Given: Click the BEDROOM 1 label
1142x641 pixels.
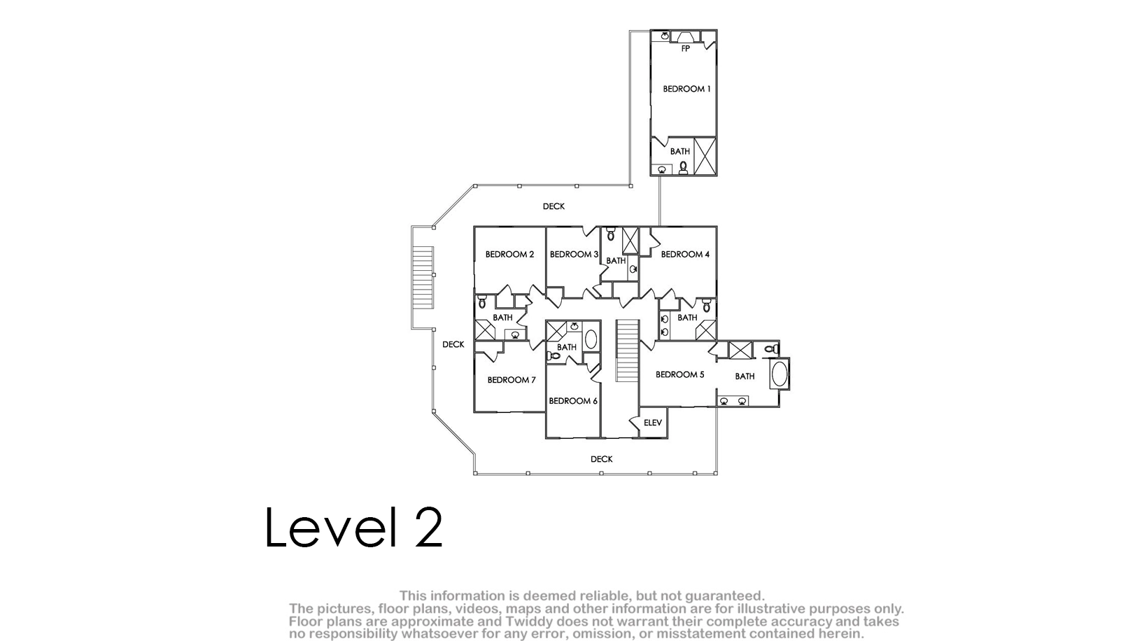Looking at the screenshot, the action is coord(686,89).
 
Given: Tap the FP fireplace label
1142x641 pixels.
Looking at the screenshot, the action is coord(686,48).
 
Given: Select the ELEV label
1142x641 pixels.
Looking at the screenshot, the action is coord(653,423).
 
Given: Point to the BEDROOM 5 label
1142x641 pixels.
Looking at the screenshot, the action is coord(679,375).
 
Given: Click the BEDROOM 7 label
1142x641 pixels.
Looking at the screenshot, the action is coord(512,380).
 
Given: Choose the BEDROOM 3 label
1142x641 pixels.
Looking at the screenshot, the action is coord(574,255).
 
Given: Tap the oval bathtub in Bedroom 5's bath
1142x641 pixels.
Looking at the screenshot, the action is coord(780,374).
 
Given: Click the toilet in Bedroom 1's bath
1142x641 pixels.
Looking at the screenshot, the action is coord(683,167).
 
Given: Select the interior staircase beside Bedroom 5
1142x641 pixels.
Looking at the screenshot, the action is coord(627,351).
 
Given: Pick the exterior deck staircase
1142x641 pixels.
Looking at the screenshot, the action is coord(423,277).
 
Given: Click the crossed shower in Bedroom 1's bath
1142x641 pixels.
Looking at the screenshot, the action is coord(705,155).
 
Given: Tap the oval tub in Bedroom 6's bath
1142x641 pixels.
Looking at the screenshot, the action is coord(591,339).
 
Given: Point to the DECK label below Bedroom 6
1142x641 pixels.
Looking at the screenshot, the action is coord(602,460).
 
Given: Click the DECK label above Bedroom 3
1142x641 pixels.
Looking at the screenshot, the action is coord(554,206).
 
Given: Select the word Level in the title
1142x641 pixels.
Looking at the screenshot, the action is coord(330,527).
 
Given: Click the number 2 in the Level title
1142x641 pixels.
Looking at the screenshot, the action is coord(428,528).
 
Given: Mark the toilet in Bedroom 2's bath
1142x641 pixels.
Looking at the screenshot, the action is coord(481,302).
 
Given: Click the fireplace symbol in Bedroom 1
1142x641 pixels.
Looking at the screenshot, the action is coord(686,37).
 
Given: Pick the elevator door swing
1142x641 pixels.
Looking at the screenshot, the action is coord(635,423).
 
